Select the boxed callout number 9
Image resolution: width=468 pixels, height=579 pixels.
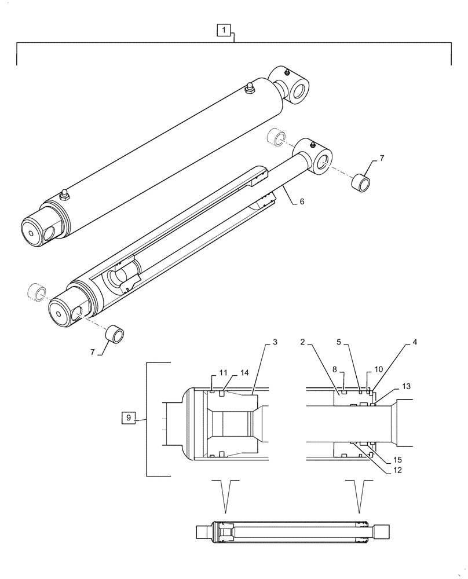pos(129,417)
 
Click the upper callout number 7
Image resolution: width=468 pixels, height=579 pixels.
pos(382,158)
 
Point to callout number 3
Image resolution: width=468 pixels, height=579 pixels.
pos(275,342)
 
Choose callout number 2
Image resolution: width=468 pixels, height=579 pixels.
pos(303,342)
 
